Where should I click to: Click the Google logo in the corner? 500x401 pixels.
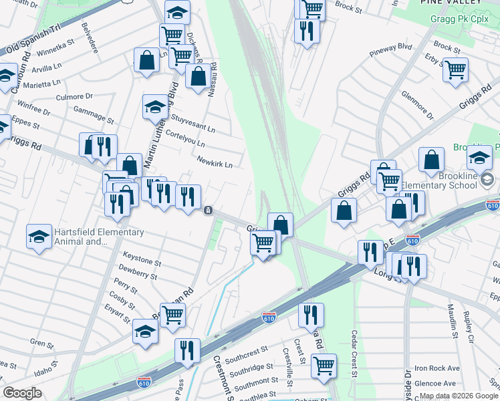tap(22, 393)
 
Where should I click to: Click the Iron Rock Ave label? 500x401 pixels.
tap(437, 368)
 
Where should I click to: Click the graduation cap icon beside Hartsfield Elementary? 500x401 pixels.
tap(39, 237)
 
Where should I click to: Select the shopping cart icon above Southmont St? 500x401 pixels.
tap(324, 366)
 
